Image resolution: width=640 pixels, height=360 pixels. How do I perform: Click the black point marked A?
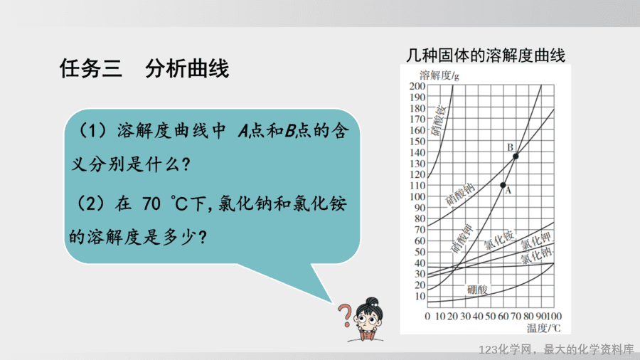[503, 185]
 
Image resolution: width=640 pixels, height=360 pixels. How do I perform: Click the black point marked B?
[516, 157]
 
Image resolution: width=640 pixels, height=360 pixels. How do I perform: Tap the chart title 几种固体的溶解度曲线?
[485, 55]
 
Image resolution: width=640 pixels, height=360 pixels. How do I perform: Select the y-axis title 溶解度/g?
[439, 75]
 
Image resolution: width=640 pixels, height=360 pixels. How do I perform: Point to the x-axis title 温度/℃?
[543, 328]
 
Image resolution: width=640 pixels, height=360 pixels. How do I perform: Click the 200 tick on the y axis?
[417, 85]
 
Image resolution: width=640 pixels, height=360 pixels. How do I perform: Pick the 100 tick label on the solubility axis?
[417, 196]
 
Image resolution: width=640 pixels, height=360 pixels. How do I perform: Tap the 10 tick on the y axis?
[420, 297]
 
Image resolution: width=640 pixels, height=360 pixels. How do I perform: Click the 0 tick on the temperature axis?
[427, 317]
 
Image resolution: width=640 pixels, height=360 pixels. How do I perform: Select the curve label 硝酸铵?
[439, 120]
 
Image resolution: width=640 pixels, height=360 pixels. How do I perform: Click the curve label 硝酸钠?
[460, 194]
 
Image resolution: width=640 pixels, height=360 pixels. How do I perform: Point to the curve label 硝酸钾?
[462, 239]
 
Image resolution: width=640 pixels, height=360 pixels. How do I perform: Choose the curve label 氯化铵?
[498, 240]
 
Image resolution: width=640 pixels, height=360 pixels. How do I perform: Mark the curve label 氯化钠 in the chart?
[536, 255]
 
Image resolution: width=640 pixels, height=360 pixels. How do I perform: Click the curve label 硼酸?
[477, 290]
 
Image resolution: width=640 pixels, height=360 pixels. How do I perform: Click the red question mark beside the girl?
[345, 315]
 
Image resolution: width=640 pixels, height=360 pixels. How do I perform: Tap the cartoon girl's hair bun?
[372, 302]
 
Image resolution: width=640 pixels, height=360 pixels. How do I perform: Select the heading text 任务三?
[90, 68]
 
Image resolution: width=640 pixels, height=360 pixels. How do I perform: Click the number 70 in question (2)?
[151, 203]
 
